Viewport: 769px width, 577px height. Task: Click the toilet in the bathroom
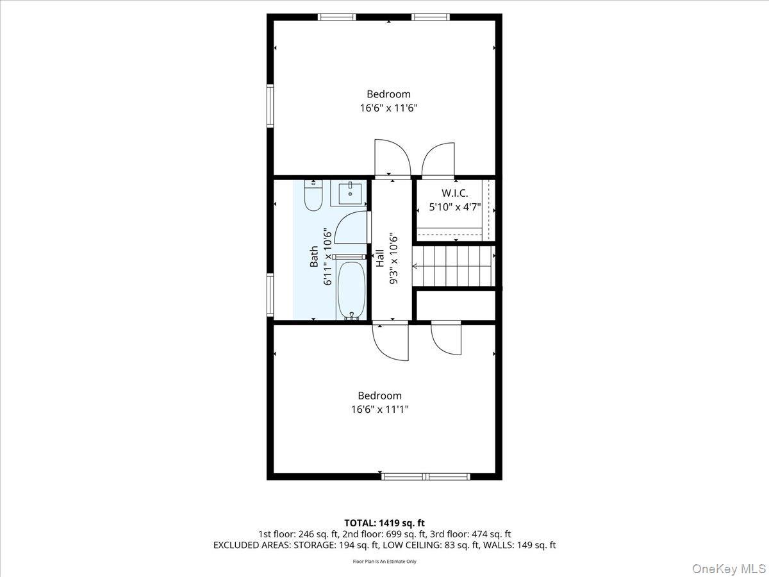313,197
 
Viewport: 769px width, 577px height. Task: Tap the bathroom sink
350,193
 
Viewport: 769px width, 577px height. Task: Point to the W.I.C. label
454,193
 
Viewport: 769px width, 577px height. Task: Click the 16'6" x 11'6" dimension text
388,108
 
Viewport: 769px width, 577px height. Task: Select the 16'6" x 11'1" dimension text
379,410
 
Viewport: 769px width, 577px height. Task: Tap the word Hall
379,258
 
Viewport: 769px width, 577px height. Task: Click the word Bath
314,256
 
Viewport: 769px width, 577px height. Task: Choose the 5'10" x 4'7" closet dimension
454,207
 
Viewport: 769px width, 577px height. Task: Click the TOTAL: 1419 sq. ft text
384,523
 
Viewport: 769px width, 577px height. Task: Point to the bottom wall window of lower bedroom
426,476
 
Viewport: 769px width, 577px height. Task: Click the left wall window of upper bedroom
270,106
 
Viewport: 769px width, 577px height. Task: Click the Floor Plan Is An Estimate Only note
384,562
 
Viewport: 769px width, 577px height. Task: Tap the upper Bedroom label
388,94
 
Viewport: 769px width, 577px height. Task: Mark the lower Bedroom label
379,396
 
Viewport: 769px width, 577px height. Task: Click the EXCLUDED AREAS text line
384,546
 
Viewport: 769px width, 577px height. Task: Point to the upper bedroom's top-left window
337,17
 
